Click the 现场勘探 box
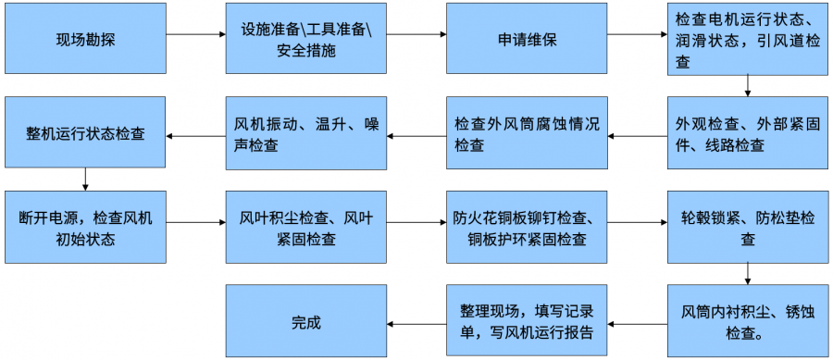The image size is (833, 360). click(x=85, y=38)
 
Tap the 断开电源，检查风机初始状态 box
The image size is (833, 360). click(x=85, y=228)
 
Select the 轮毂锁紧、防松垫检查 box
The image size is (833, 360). click(x=747, y=228)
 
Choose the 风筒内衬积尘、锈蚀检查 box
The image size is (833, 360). click(x=747, y=321)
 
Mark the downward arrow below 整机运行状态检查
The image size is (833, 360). click(x=85, y=178)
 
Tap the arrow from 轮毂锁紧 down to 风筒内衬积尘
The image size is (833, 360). click(x=747, y=272)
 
